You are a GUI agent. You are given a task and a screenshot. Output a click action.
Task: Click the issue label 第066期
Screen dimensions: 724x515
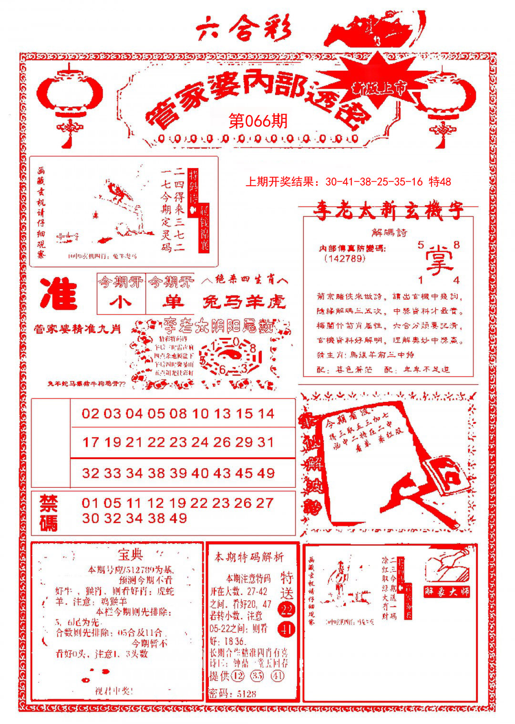(x=258, y=121)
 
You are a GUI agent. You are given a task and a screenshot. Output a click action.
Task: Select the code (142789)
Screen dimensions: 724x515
(x=344, y=258)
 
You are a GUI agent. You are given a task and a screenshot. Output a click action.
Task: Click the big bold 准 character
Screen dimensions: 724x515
(x=58, y=294)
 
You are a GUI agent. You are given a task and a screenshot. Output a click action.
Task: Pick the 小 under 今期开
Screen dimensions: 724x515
(x=121, y=302)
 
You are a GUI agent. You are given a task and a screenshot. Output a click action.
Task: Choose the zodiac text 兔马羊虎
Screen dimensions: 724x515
(x=244, y=302)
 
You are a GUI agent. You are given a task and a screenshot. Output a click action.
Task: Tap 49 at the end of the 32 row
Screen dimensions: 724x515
(x=265, y=473)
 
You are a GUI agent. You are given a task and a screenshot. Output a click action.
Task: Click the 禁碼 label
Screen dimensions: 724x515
(x=49, y=513)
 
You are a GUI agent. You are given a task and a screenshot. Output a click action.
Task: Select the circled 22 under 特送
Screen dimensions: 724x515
(x=287, y=609)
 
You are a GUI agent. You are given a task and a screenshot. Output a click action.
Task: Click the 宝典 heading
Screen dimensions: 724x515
(x=130, y=555)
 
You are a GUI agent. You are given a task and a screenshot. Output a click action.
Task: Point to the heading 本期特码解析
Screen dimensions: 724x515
(x=249, y=557)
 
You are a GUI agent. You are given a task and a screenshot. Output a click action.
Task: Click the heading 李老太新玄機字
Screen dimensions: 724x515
(x=388, y=211)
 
